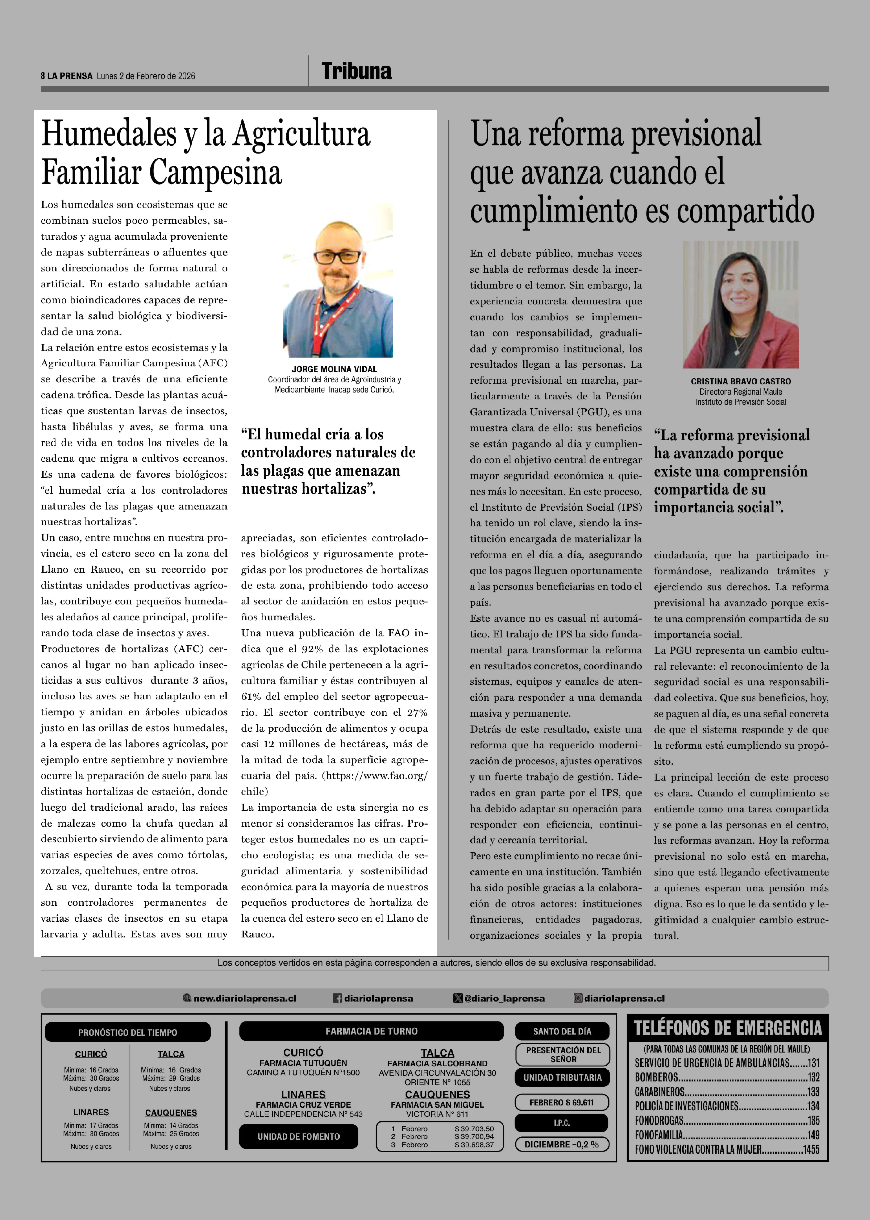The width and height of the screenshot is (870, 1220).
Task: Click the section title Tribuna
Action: tap(356, 71)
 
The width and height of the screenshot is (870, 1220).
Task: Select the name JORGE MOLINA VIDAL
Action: tap(334, 369)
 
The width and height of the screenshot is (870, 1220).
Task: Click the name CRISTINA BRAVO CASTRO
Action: tap(740, 381)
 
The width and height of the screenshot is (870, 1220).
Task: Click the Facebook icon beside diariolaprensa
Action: tap(337, 998)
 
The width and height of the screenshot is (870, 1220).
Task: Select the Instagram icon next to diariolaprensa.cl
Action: tap(578, 998)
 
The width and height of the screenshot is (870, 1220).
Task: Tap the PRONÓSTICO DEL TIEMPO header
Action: tap(127, 1032)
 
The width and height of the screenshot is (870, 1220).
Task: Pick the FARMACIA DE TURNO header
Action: tap(371, 1031)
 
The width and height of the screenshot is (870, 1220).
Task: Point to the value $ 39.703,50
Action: tap(474, 1128)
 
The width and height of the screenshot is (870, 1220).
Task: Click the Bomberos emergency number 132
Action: tap(813, 1077)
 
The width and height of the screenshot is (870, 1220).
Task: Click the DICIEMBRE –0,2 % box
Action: tap(561, 1144)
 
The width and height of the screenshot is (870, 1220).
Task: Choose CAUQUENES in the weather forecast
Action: tap(171, 1112)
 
